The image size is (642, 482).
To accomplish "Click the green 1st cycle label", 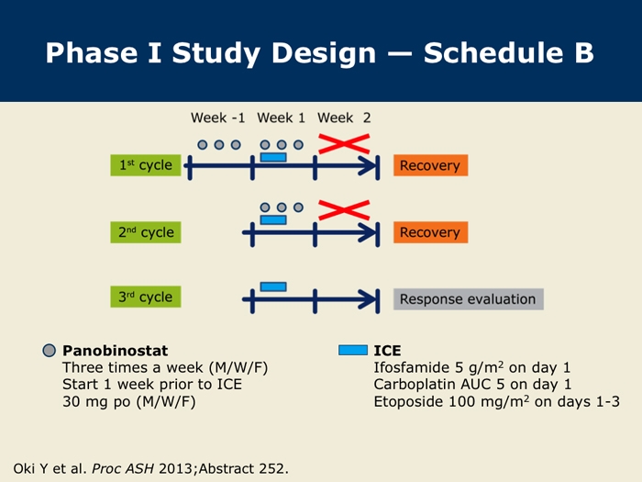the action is point(145,165).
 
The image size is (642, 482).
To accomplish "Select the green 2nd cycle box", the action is point(145,232).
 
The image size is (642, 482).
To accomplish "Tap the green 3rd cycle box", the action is point(145,297).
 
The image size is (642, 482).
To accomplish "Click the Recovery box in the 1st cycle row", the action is point(430,165).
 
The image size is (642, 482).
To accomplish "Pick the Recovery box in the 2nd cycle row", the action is point(430,232).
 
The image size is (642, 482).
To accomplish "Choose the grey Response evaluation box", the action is point(469,299).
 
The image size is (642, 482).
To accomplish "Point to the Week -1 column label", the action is point(218,118).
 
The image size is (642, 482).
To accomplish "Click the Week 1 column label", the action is point(282,118).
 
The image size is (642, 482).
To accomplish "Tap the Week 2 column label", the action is point(344,118).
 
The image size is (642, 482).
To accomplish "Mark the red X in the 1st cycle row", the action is point(344,143).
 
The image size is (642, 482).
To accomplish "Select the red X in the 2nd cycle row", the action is point(344,210).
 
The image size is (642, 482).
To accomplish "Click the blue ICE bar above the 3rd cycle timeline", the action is point(273,286).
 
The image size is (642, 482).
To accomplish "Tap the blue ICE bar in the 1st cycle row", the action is point(273,157).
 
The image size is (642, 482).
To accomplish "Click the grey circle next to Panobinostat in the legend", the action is point(50,351).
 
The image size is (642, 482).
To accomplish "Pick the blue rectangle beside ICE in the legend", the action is point(353,350).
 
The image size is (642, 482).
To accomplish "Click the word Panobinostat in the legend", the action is point(115,351).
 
